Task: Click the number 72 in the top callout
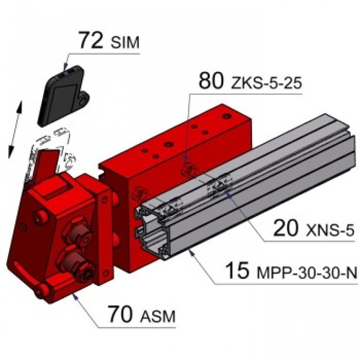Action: (90, 40)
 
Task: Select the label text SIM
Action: (125, 43)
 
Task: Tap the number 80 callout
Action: (211, 81)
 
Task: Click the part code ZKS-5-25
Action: (266, 83)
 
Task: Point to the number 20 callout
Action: (286, 228)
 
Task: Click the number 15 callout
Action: (238, 270)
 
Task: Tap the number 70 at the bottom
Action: (120, 313)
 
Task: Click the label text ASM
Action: (158, 316)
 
